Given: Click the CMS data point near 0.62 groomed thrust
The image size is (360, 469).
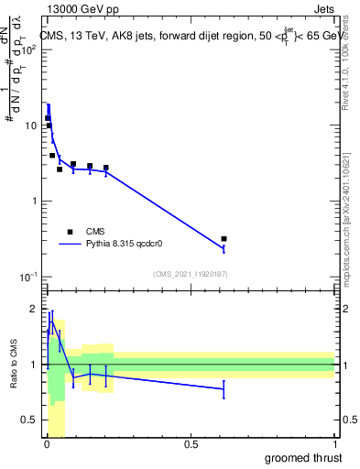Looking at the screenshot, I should point(224,239).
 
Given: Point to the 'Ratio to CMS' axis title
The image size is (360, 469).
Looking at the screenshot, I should point(14,365).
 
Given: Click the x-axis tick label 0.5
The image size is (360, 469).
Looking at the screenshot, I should point(191,445).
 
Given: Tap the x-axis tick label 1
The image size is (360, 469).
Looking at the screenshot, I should point(334,445).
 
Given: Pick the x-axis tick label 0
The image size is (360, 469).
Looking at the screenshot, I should point(47,445).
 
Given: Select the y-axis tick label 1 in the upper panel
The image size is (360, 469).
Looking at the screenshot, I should point(34,201).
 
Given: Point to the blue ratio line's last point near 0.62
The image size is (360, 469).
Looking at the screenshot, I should point(224,388).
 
